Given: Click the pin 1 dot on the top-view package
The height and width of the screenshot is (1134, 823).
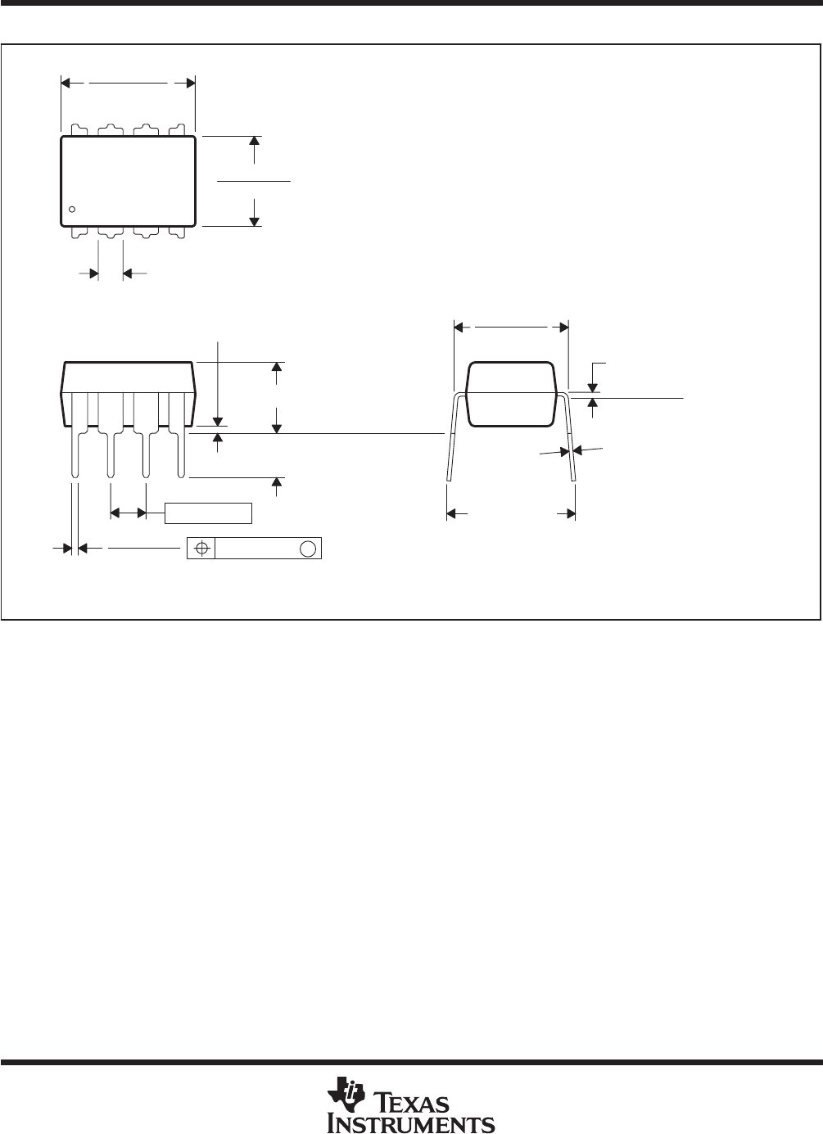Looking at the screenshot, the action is click(x=72, y=209).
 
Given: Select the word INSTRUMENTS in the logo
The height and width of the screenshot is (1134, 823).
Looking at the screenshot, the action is click(x=411, y=1122).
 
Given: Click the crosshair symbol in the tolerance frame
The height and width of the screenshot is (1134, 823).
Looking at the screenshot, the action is click(x=202, y=549).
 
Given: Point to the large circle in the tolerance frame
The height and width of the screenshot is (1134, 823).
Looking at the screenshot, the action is click(x=308, y=549).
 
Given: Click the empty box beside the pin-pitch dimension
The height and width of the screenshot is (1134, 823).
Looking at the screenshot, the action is click(x=208, y=513).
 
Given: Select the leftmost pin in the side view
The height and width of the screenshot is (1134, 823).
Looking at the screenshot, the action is click(x=75, y=436).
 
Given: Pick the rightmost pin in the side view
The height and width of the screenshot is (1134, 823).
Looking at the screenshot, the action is click(x=181, y=436).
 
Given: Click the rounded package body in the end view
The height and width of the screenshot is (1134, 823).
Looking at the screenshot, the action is click(x=511, y=395).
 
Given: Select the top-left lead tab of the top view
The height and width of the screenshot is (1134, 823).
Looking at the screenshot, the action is click(x=79, y=130).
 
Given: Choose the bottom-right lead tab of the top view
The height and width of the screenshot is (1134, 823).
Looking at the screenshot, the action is click(x=177, y=233).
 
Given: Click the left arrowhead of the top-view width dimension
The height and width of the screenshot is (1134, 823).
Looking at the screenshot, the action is click(x=66, y=83).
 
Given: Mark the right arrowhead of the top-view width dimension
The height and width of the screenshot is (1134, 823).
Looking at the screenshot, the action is click(x=191, y=83).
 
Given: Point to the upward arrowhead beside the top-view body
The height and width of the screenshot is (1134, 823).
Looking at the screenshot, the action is click(x=254, y=142).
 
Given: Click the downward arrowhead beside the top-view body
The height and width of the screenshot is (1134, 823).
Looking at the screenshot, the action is click(x=254, y=221).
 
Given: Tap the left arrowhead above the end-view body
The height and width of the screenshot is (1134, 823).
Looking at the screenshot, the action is click(x=459, y=328).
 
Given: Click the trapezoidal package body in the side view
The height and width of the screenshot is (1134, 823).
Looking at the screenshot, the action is click(x=128, y=395).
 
